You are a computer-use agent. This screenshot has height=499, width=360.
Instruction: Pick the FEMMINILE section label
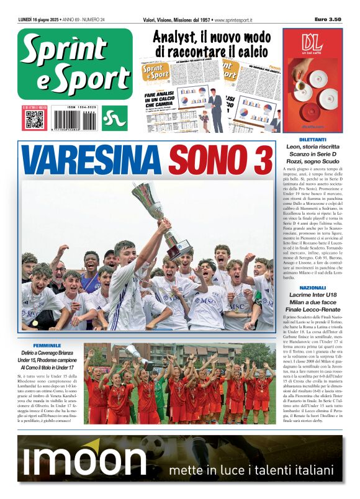tap(47, 345)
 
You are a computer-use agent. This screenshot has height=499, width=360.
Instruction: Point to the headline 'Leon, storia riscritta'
tap(312, 147)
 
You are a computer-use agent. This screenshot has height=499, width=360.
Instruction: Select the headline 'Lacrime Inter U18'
tap(312, 295)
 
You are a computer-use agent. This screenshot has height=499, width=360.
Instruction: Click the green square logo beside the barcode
tap(115, 119)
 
